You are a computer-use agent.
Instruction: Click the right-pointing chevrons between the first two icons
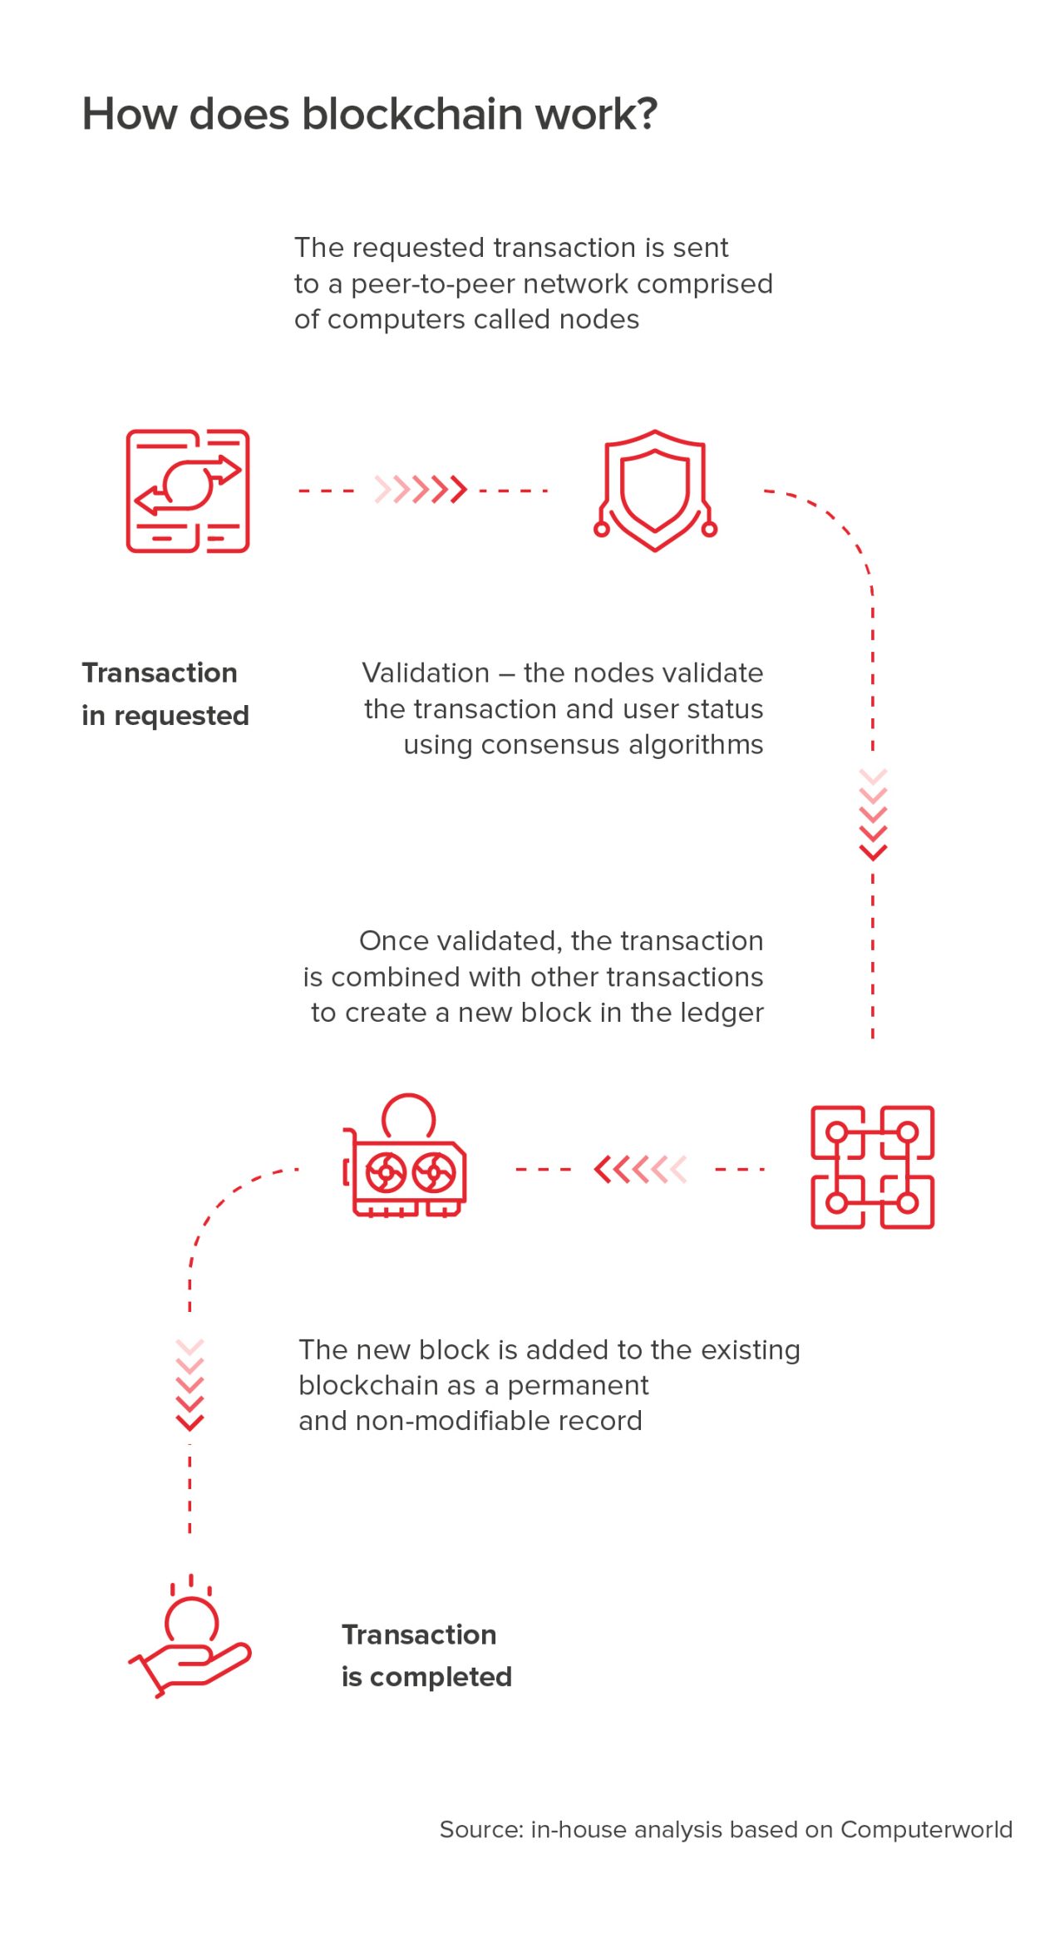click(421, 490)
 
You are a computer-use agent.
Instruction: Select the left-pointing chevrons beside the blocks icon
click(641, 1169)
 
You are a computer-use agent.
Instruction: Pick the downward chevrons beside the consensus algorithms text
click(873, 815)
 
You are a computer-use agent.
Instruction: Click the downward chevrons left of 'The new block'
click(190, 1385)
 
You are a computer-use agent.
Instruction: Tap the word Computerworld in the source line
click(927, 1829)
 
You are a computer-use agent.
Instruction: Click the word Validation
click(426, 673)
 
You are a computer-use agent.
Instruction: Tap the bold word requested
click(181, 716)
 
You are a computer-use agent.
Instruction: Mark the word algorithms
click(695, 745)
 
